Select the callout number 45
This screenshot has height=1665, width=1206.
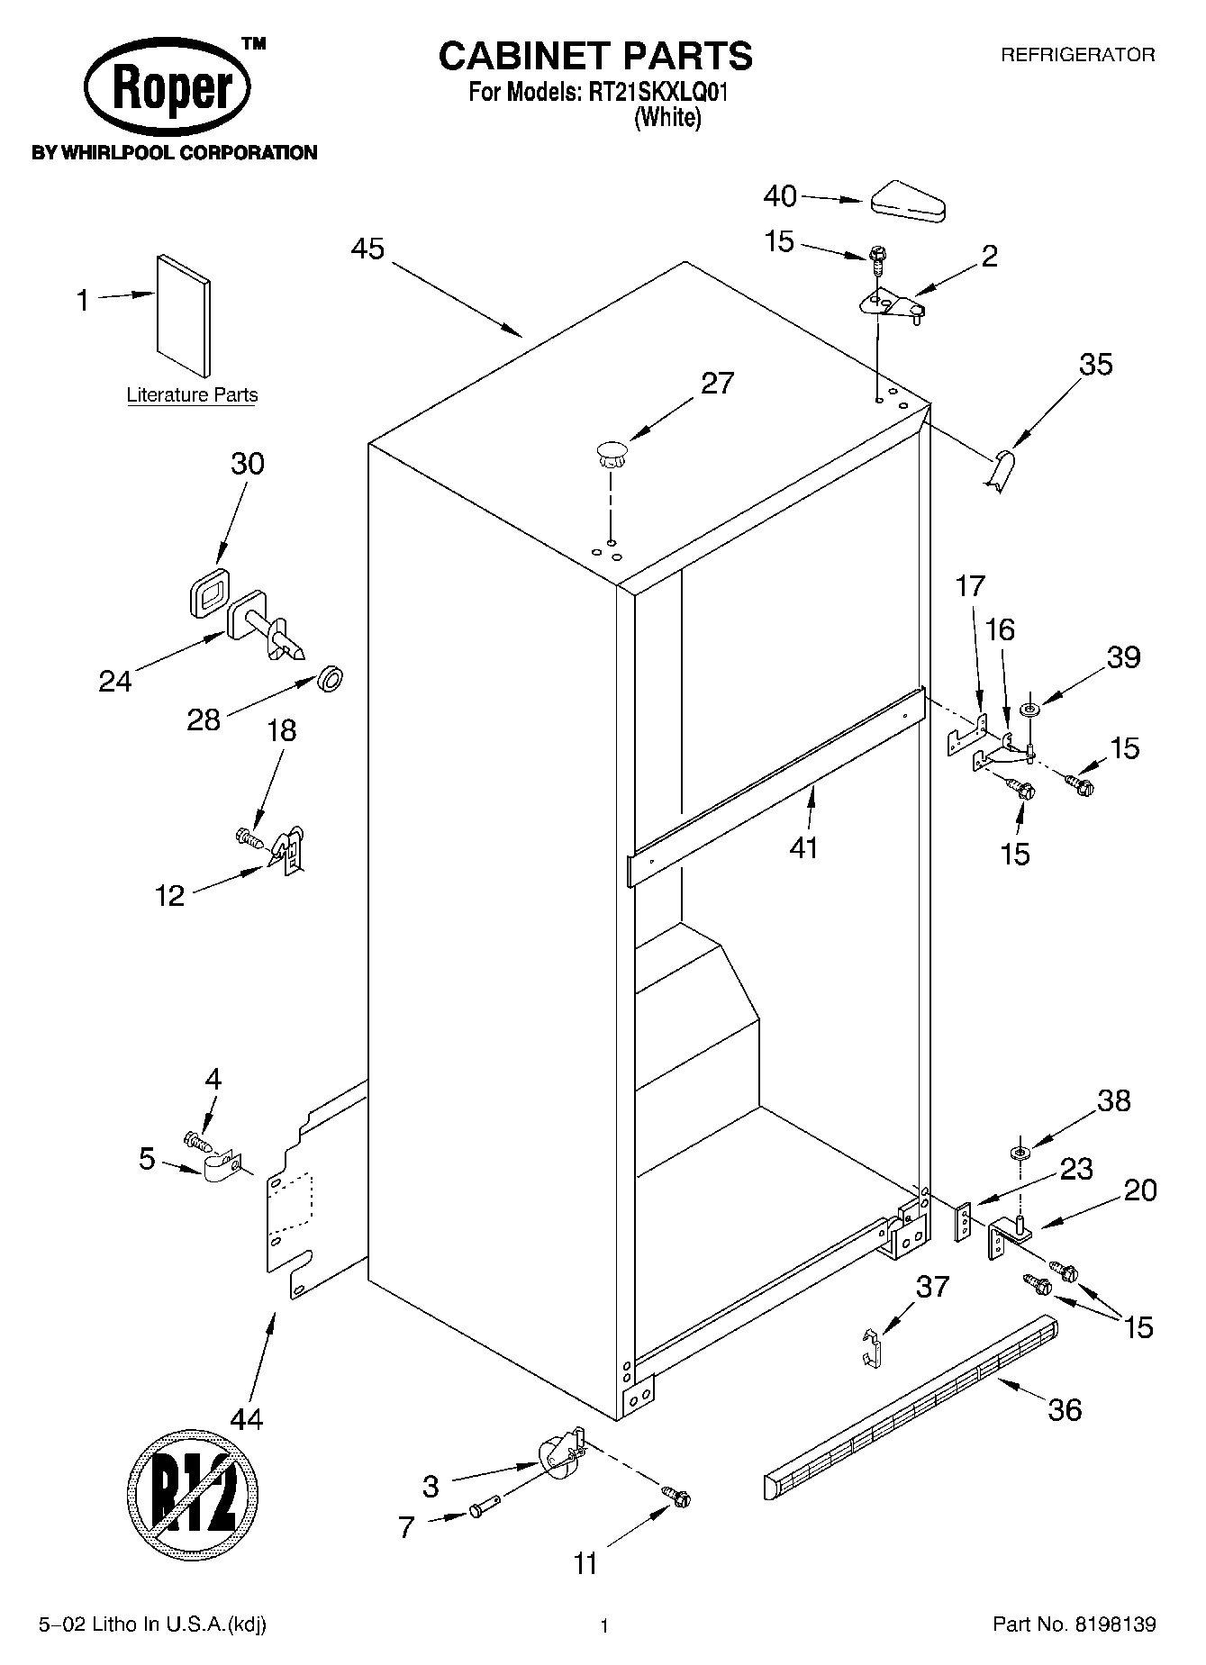tap(367, 249)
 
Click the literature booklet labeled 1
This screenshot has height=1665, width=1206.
tap(185, 315)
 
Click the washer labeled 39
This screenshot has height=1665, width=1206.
tap(1029, 710)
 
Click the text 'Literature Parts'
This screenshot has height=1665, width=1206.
tap(192, 395)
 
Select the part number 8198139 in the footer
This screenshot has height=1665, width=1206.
tap(1112, 1624)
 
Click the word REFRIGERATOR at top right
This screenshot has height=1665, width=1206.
tap(1078, 55)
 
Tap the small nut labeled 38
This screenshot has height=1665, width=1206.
tap(1020, 1153)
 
